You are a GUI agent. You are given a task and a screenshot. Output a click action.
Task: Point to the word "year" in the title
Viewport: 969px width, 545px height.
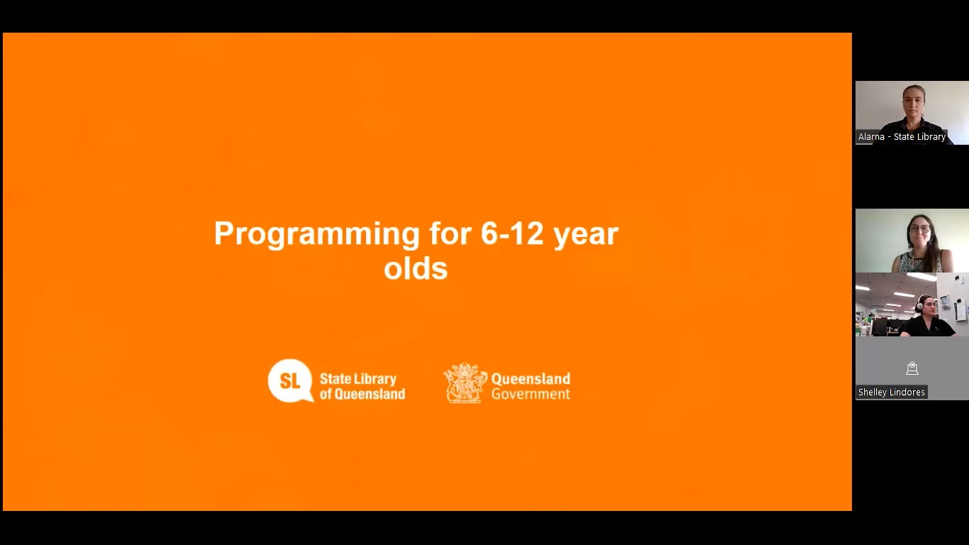[x=586, y=235]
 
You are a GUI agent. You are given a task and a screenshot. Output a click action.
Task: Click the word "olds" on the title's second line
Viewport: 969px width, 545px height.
[x=416, y=269]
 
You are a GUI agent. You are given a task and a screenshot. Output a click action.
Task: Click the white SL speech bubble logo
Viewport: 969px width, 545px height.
[x=290, y=380]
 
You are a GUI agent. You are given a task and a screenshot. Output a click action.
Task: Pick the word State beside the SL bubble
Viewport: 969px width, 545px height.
[x=336, y=379]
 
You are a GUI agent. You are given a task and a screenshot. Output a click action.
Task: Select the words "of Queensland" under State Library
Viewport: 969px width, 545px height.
[x=362, y=394]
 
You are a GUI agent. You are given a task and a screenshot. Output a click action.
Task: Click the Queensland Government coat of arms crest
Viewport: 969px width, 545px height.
[x=465, y=383]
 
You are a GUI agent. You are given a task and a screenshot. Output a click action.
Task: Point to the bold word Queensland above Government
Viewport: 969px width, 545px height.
[x=531, y=378]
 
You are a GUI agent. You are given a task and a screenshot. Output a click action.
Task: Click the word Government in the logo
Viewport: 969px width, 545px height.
[x=531, y=394]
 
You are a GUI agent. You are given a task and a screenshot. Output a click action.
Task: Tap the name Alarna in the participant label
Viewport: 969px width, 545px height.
[x=871, y=137]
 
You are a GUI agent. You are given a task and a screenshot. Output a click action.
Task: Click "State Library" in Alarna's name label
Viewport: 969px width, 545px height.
[x=919, y=137]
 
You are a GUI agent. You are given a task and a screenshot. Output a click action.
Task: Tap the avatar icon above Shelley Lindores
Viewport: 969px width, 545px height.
[x=912, y=368]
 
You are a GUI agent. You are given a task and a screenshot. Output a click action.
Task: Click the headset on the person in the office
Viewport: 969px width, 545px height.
[x=919, y=303]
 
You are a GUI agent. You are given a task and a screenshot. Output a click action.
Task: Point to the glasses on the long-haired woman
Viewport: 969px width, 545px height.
[x=919, y=229]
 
